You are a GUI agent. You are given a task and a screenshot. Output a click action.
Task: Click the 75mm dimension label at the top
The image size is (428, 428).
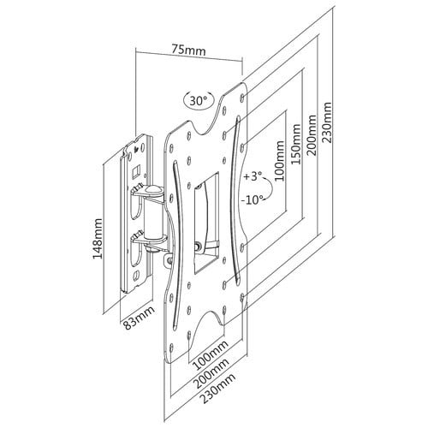coord(188,50)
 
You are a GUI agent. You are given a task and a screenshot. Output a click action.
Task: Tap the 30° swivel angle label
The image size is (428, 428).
coord(199,100)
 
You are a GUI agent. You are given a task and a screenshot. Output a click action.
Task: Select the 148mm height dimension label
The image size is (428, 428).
coord(97,239)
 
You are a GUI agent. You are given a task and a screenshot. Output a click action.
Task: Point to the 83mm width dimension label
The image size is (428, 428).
coord(139,318)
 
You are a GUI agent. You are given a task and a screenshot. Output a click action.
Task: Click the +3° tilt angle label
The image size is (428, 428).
coord(253,176)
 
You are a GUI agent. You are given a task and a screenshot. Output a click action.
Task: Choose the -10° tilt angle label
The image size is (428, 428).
coord(252,200)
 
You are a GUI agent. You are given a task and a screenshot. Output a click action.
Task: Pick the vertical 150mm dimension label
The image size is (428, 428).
coord(295,144)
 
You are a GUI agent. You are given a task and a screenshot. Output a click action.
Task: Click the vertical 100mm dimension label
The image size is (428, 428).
coord(280,161)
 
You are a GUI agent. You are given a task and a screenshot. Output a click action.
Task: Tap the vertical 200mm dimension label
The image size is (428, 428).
coord(312,135)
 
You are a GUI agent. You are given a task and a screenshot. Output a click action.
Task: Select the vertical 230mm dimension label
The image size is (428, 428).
coord(327,122)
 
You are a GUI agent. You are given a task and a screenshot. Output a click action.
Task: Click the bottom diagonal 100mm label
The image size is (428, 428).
coord(211,354)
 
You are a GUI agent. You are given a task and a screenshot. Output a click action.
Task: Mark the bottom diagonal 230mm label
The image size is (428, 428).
coord(218,389)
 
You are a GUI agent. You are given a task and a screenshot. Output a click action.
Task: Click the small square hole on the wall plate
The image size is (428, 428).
coord(135,170)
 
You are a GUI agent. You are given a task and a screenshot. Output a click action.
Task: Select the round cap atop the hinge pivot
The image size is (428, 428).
coord(153,189)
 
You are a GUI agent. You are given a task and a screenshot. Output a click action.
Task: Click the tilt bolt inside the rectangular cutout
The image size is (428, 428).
coord(197,246)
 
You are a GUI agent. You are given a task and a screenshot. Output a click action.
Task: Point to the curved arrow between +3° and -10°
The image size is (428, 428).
coord(271,189)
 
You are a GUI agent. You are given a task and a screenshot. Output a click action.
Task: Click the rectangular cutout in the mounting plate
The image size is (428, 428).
coord(206,223)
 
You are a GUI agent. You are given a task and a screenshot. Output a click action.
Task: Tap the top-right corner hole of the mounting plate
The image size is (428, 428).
coord(242,97)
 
